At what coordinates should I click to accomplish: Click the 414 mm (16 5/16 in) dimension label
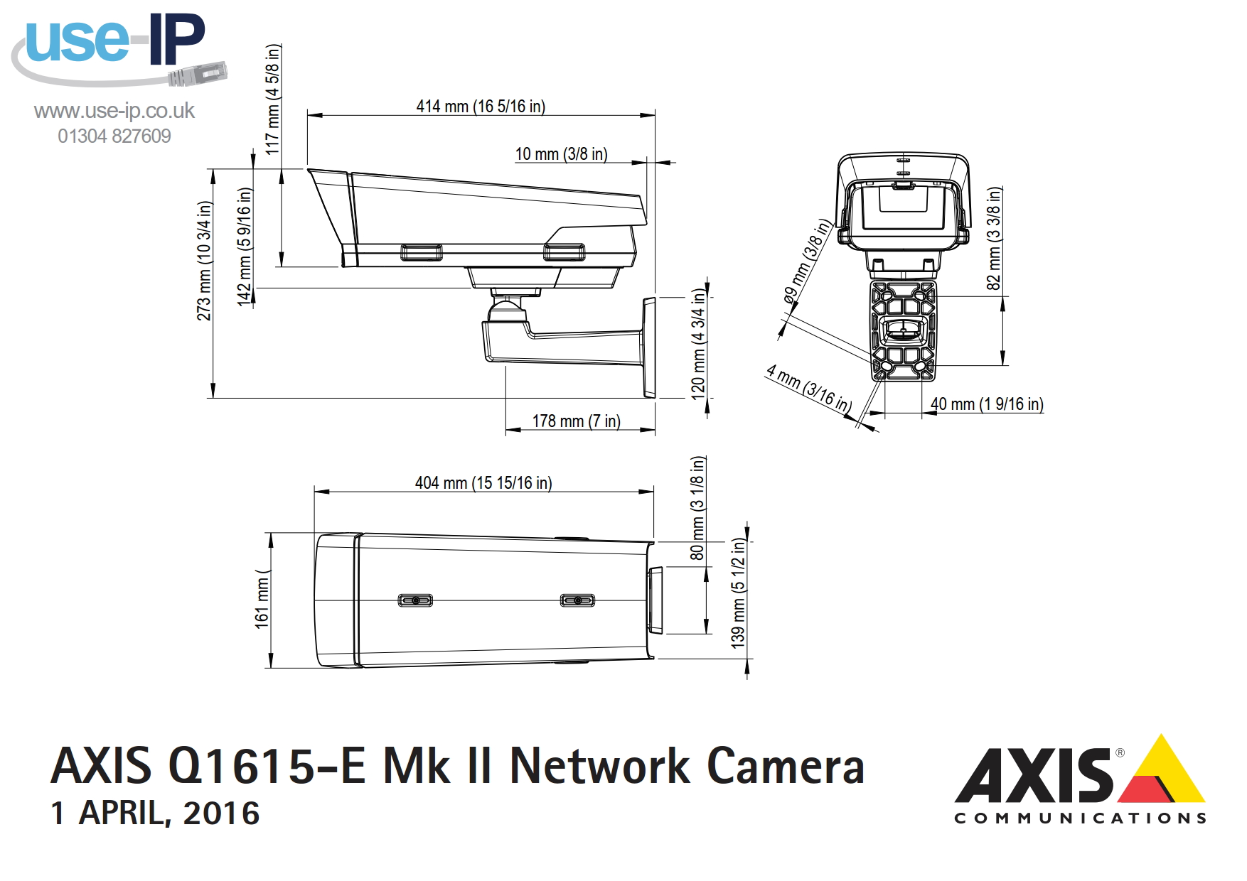pos(481,107)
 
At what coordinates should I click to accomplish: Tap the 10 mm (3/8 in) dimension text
pos(561,154)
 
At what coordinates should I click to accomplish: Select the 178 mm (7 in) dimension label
pos(576,421)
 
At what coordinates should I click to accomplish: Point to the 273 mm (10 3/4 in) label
pos(205,261)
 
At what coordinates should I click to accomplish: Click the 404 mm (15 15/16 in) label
pos(483,483)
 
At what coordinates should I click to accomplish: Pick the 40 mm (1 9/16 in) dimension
pos(987,404)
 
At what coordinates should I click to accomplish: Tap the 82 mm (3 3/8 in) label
pos(994,238)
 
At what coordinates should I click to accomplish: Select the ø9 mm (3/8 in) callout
pos(807,261)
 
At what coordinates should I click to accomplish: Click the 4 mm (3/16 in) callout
pos(809,389)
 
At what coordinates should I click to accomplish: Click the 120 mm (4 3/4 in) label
pos(699,344)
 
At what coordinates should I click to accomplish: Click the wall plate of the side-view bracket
pos(649,347)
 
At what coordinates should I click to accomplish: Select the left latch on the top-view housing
pos(415,600)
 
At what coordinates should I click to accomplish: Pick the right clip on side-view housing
pos(564,252)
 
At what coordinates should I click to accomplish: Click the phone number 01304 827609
pos(114,136)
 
